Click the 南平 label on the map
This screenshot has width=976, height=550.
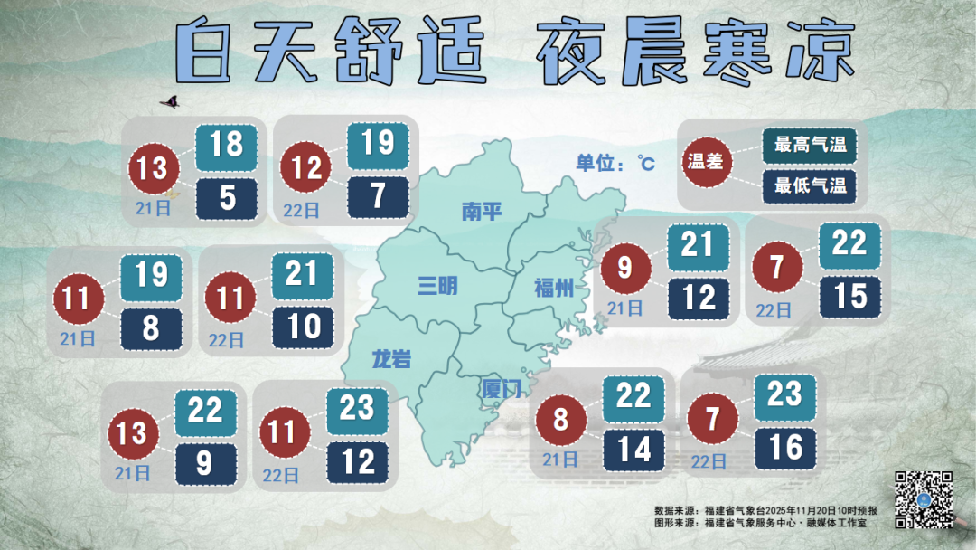[x=481, y=212]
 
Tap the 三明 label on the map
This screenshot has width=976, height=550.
[x=437, y=287]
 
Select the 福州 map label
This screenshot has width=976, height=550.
[x=554, y=289]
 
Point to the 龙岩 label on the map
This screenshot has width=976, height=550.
[x=391, y=360]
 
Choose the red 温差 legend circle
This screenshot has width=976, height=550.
[x=709, y=163]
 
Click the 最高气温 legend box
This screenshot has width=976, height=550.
[x=809, y=145]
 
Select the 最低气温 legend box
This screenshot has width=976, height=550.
[x=809, y=186]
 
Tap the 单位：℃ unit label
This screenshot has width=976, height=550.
[x=615, y=163]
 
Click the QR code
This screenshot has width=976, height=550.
[x=924, y=499]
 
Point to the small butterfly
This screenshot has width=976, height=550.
[x=169, y=102]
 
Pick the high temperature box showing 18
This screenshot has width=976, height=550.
[x=227, y=145]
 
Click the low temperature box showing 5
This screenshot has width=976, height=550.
[x=227, y=197]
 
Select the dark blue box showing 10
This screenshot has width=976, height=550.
[x=303, y=327]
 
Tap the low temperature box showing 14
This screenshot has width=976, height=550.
[x=634, y=448]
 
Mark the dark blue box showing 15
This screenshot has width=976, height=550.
[x=849, y=296]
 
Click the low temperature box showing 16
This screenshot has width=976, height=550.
[x=785, y=447]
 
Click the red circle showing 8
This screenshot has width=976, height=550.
[x=560, y=420]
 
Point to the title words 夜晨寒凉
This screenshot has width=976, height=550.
[x=695, y=52]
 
